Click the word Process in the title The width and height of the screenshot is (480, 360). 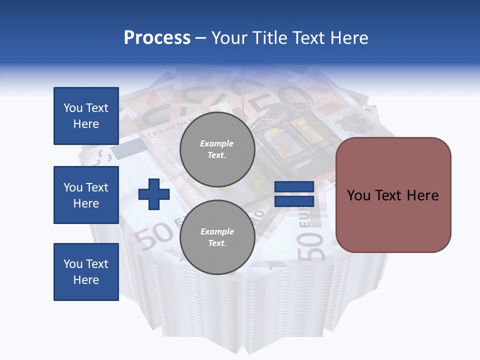point(157,38)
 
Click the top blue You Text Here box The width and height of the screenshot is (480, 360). point(86,116)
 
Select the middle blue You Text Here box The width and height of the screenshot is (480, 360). point(86,195)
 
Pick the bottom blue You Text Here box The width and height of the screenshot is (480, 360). point(86,272)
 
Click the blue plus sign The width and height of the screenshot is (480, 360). point(154,195)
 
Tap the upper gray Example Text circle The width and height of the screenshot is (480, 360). point(217,149)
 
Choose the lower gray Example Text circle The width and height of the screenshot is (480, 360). point(217,237)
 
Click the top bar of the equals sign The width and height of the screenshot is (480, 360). point(294,187)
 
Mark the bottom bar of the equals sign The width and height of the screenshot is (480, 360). point(294,201)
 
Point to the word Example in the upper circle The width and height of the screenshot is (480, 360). point(216,143)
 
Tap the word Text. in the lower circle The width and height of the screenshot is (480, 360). point(216,243)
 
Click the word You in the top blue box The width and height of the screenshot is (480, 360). point(72,108)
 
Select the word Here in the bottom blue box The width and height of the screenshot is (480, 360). point(86,280)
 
